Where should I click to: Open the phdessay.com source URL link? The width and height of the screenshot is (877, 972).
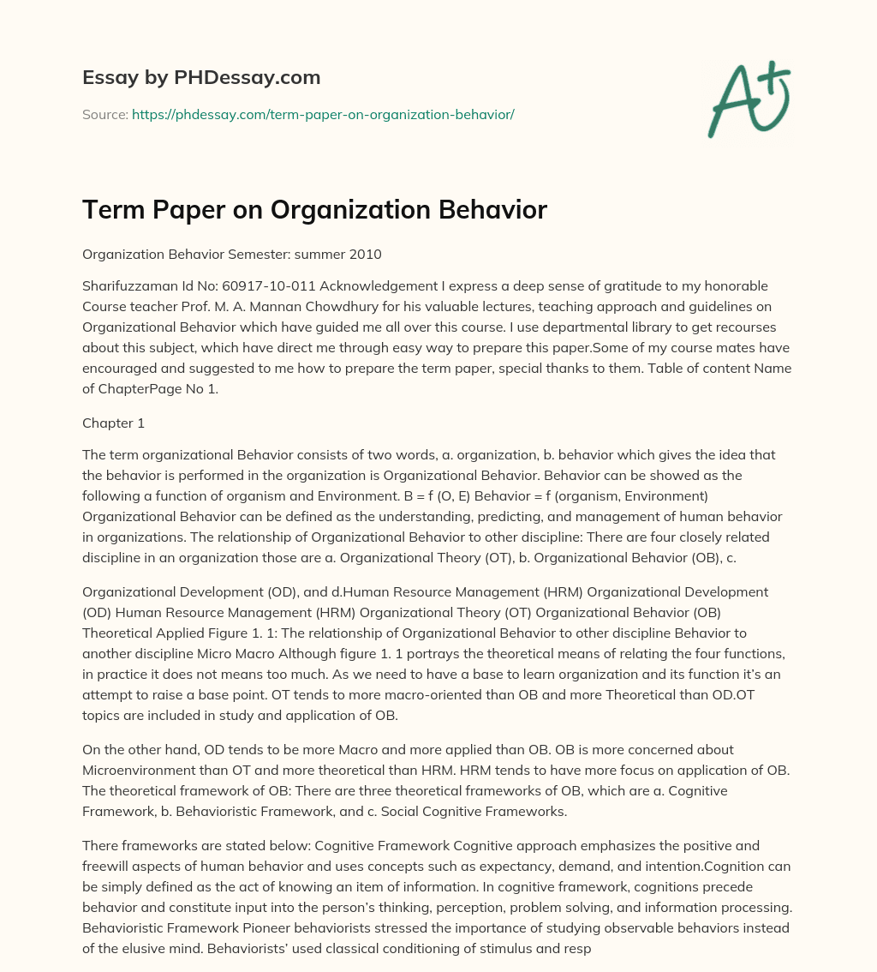click(x=323, y=114)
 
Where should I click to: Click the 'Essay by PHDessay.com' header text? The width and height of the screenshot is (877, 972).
click(x=201, y=78)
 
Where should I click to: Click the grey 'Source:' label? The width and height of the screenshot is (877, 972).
click(x=105, y=114)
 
